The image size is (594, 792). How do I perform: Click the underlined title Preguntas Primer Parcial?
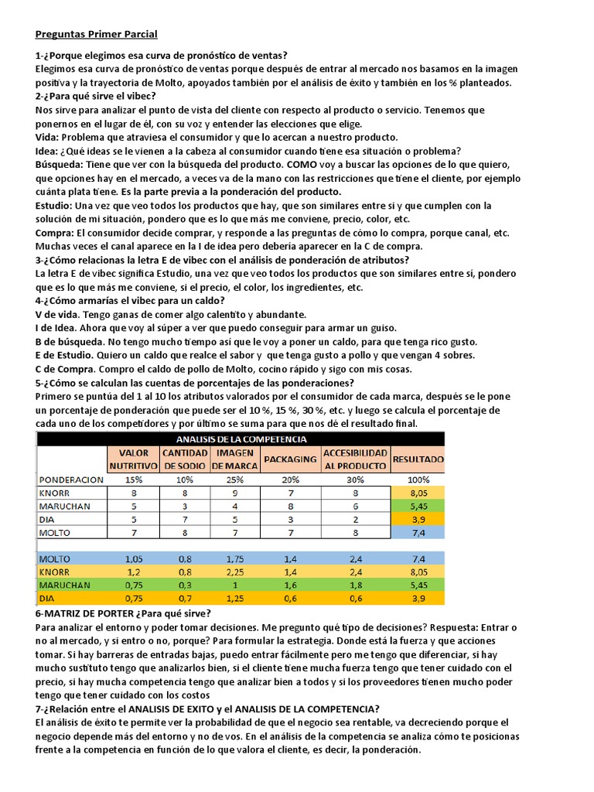[97, 34]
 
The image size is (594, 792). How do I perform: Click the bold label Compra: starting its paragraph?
[55, 233]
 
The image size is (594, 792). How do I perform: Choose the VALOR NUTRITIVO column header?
[133, 459]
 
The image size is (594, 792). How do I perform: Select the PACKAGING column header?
[290, 459]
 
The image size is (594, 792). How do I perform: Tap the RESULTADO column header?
[418, 459]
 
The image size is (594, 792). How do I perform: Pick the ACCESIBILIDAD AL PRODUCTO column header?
[354, 459]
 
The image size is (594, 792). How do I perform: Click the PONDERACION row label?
[71, 480]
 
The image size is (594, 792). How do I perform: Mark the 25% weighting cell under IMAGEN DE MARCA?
[236, 480]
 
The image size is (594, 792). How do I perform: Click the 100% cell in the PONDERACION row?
[418, 480]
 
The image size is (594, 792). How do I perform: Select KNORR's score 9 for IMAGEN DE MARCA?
[236, 493]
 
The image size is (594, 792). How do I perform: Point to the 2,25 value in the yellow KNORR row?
[236, 572]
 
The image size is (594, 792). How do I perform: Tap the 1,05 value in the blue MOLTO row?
[133, 558]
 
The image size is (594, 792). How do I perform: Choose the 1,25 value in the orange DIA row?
[236, 598]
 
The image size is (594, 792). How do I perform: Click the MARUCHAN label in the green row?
[65, 585]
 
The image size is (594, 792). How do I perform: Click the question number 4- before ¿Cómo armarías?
[39, 301]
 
